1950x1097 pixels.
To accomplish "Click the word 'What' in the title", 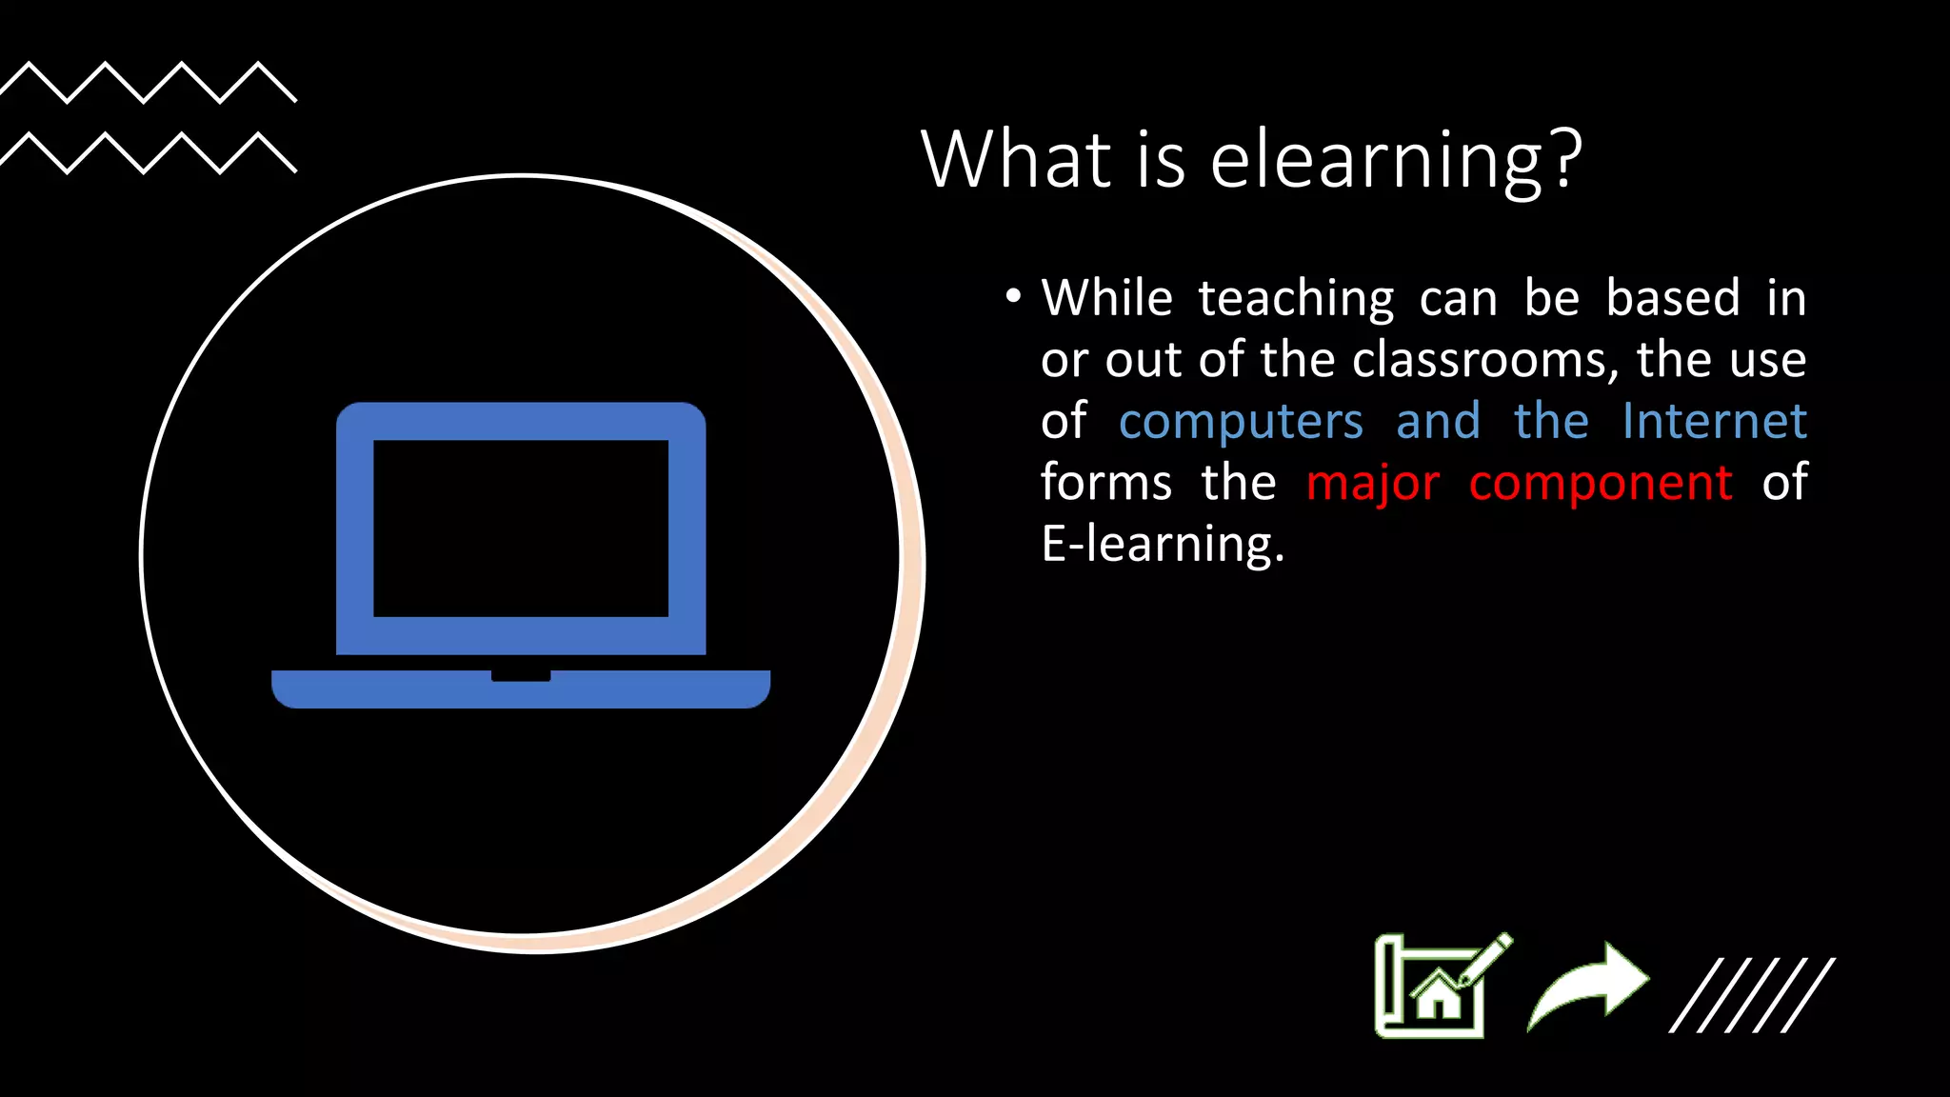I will pyautogui.click(x=1017, y=159).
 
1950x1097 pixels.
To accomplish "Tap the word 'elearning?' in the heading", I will pyautogui.click(x=1395, y=161).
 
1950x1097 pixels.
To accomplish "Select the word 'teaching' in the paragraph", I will pyautogui.click(x=1296, y=299).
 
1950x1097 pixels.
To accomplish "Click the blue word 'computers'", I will pyautogui.click(x=1241, y=422).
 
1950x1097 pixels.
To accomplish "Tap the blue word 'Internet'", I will pyautogui.click(x=1714, y=421).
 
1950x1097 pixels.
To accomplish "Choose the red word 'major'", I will pyautogui.click(x=1372, y=483).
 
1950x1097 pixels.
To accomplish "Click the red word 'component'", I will pyautogui.click(x=1600, y=484).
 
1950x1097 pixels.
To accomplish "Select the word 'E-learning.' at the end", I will pyautogui.click(x=1163, y=545).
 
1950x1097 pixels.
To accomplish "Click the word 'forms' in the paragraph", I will pyautogui.click(x=1105, y=482).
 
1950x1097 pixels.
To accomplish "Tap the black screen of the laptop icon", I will pyautogui.click(x=521, y=529).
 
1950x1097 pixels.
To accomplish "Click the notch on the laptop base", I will pyautogui.click(x=521, y=676).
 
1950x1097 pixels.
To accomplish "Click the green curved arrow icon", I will pyautogui.click(x=1588, y=986).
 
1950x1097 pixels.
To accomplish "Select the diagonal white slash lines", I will pyautogui.click(x=1752, y=995).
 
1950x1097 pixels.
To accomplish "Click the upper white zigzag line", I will pyautogui.click(x=148, y=82).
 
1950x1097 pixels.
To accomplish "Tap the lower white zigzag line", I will pyautogui.click(x=148, y=153).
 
